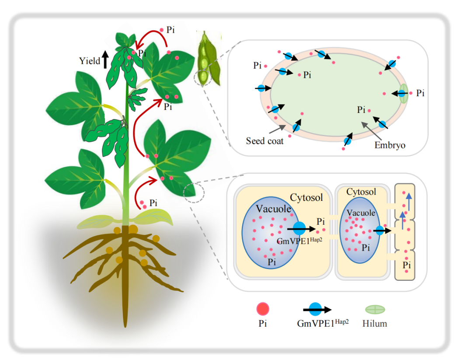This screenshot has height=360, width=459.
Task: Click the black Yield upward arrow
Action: [105, 59]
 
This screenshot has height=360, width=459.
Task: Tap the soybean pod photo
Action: [204, 59]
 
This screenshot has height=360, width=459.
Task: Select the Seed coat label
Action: [264, 141]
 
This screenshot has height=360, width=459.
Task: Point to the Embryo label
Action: [390, 145]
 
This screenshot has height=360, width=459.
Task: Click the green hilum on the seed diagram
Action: [403, 93]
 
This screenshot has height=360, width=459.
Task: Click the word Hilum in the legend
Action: [375, 324]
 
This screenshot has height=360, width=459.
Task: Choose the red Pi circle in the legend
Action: [262, 309]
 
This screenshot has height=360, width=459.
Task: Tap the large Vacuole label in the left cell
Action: [274, 209]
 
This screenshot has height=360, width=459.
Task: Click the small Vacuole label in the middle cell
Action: [361, 213]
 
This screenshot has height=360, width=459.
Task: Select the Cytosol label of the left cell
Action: [306, 198]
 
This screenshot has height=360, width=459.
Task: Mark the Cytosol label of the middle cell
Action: [361, 192]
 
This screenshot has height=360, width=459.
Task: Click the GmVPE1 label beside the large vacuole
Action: [294, 240]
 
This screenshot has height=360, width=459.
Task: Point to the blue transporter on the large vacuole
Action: [299, 228]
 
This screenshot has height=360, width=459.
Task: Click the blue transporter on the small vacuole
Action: [379, 231]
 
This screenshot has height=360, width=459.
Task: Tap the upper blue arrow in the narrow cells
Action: [408, 202]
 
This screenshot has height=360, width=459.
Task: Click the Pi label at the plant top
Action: [171, 30]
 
